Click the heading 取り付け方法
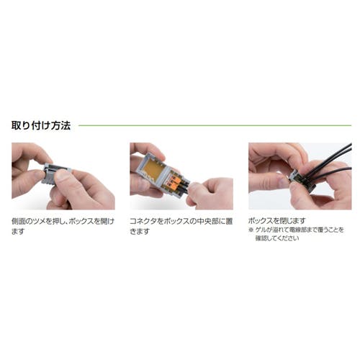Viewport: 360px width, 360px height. [41, 125]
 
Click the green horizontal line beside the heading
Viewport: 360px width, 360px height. [215, 125]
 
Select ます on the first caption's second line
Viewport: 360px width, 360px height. [18, 232]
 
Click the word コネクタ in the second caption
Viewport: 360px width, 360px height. [143, 221]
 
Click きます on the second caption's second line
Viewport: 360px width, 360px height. [140, 232]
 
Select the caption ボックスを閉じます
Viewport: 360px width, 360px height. [276, 220]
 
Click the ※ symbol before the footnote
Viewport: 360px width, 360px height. [251, 230]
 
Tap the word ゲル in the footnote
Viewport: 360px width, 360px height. [261, 230]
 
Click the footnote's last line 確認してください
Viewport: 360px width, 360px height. [277, 238]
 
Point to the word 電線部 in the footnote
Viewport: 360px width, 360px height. [298, 230]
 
